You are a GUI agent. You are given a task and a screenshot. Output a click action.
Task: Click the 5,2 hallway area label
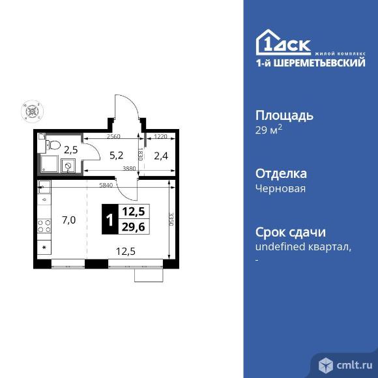116,155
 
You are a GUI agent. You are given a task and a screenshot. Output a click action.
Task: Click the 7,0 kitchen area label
68,220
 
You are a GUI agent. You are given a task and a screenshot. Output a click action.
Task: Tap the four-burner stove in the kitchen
44,227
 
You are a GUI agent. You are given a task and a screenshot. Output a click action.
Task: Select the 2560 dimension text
113,137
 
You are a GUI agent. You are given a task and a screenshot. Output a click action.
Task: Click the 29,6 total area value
133,227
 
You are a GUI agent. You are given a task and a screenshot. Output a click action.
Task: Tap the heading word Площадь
283,115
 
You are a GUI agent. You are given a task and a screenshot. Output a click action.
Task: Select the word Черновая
280,188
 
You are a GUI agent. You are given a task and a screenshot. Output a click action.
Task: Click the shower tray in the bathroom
50,164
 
